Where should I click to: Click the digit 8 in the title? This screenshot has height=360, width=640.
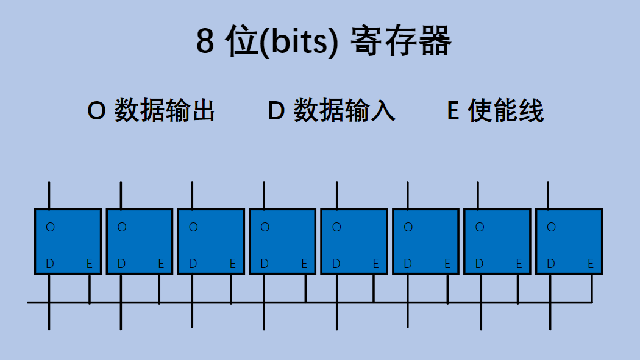tap(205, 43)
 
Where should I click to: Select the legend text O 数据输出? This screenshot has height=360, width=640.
tap(151, 111)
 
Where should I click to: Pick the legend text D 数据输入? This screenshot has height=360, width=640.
tap(332, 111)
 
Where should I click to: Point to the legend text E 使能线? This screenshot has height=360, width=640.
tap(495, 111)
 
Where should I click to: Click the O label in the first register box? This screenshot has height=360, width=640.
tap(50, 227)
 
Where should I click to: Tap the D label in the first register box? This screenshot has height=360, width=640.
tap(50, 264)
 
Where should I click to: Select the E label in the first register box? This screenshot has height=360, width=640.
tap(90, 264)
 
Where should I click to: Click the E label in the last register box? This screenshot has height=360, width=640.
tap(591, 264)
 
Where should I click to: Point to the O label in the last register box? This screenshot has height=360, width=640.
tap(551, 227)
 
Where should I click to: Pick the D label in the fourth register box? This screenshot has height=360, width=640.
tap(265, 264)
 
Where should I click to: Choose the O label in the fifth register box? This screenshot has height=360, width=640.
tap(336, 227)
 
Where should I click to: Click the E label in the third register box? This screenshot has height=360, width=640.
tap(233, 264)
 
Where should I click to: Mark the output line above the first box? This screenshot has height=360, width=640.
tap(49, 195)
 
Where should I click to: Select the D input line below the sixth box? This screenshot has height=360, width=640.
tap(407, 317)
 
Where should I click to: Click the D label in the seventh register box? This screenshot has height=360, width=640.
tap(479, 264)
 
